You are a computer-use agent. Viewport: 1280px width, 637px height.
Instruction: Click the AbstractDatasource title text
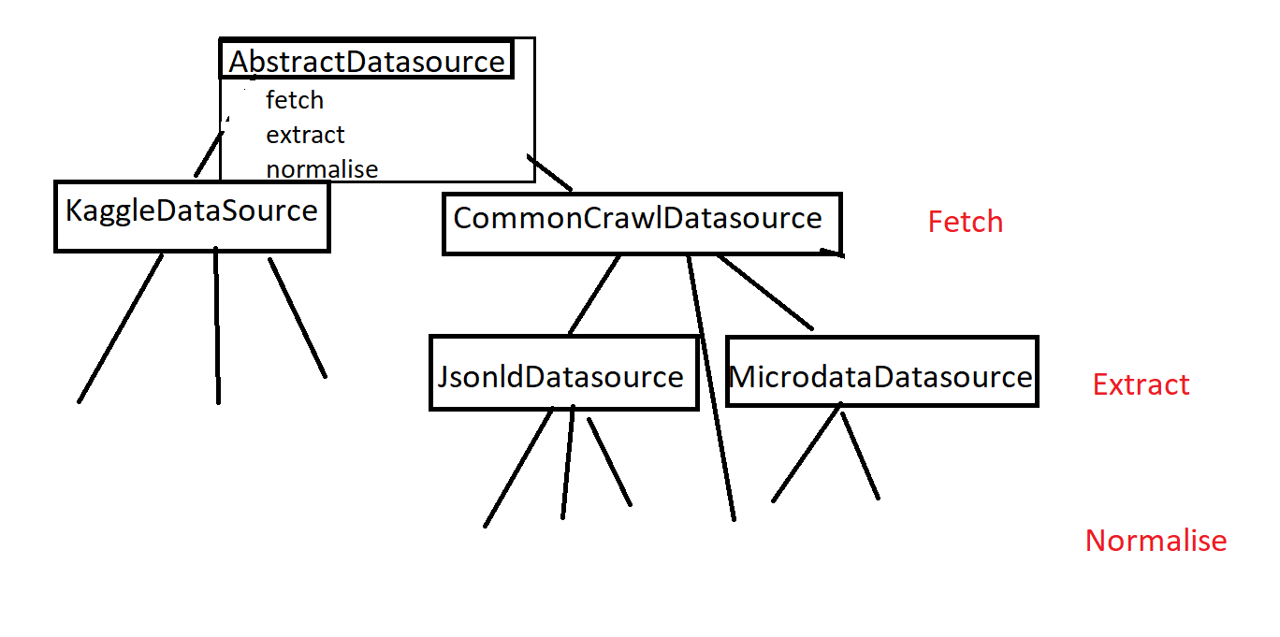click(367, 62)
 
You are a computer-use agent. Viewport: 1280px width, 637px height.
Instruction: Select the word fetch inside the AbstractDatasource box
click(295, 100)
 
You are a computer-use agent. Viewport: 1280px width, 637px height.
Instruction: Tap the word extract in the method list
click(305, 135)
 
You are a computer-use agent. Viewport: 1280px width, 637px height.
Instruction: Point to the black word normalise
click(322, 169)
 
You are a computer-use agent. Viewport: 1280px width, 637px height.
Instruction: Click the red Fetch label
click(965, 222)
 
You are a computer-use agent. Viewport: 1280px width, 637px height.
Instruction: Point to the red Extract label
click(1141, 384)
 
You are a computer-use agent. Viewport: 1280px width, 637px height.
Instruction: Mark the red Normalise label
click(1156, 541)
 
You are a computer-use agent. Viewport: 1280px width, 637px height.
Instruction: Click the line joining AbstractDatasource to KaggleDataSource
click(209, 154)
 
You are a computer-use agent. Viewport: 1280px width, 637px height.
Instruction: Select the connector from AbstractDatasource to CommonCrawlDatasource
click(549, 172)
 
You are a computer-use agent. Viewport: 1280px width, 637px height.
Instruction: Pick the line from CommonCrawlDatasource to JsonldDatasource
click(594, 295)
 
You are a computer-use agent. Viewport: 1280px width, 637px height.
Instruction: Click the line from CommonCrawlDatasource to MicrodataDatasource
click(765, 293)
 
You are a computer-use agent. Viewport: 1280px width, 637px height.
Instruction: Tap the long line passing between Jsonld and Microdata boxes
click(711, 388)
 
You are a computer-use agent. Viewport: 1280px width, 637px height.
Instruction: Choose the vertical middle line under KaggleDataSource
click(217, 326)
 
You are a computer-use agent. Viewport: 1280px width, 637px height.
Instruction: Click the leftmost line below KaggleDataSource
click(120, 329)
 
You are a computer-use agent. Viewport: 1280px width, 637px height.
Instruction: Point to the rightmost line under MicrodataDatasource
click(860, 456)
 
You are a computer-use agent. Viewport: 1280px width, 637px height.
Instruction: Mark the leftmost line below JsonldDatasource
click(518, 468)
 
